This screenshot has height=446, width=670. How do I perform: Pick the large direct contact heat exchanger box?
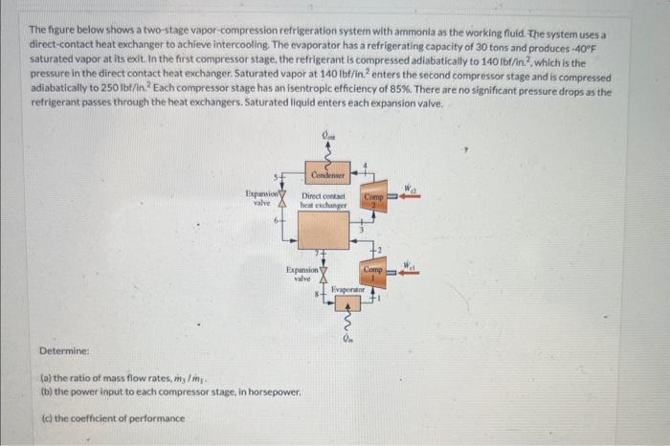pos(324,231)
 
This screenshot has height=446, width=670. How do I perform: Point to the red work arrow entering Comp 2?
pos(411,198)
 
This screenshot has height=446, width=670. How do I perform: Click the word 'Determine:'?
pos(65,351)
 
